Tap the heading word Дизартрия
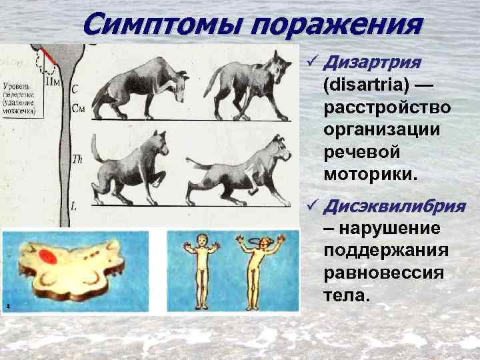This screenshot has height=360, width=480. click(371, 63)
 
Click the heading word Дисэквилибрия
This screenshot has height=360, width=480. click(393, 206)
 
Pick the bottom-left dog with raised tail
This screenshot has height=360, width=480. click(133, 167)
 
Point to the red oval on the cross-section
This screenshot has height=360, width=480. click(48, 256)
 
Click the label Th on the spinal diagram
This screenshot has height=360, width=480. click(76, 159)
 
